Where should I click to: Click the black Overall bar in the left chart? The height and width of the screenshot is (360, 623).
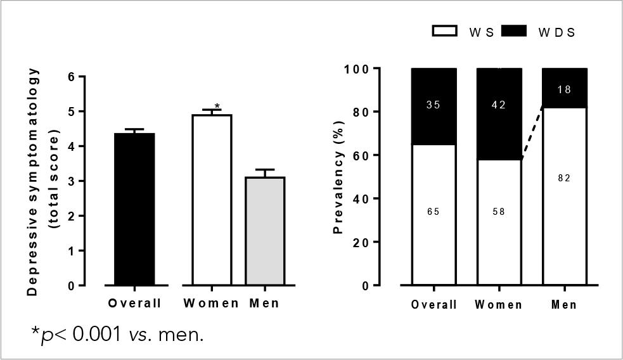coord(134,209)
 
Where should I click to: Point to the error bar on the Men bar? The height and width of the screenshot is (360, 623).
coord(265,172)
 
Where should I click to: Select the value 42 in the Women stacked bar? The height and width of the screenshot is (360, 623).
coord(499,105)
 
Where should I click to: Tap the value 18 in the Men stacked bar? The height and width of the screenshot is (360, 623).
coord(564,90)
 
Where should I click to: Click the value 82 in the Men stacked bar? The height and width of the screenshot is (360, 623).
coord(564,178)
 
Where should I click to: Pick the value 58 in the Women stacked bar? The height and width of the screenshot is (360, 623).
coord(499,212)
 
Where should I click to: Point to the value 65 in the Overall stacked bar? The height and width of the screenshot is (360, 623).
coord(434,212)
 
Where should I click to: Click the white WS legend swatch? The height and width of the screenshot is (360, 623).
coord(445,32)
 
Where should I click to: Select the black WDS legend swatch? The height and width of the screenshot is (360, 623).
coord(514,32)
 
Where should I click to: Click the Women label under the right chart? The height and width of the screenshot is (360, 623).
coord(499,305)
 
